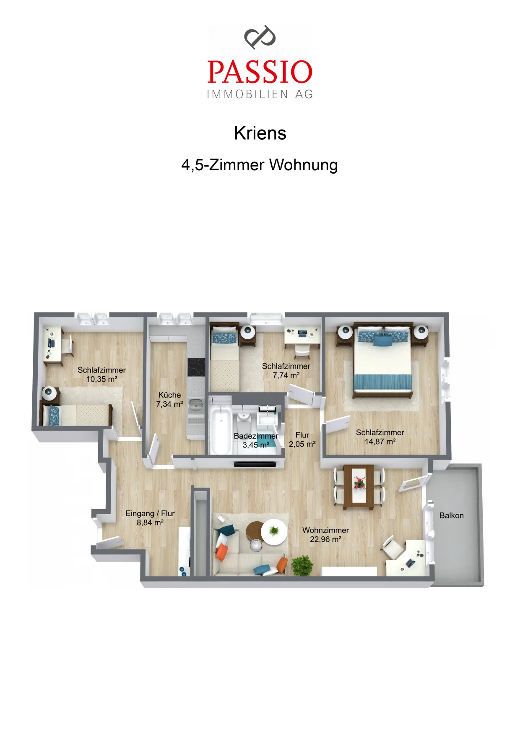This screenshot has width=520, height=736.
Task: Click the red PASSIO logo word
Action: (260, 72)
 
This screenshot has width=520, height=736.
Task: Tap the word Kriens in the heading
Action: (260, 133)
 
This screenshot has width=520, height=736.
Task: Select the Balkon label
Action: (452, 515)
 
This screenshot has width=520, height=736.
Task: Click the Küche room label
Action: (170, 395)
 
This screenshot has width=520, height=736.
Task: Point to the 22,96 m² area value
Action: (325, 539)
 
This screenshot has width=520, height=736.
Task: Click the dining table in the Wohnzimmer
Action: (359, 486)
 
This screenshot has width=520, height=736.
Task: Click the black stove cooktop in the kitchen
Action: (196, 367)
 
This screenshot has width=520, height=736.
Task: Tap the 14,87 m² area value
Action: (380, 442)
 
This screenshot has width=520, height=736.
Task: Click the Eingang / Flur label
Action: (150, 513)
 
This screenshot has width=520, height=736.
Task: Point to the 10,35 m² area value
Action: (102, 379)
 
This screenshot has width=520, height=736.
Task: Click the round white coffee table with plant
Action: (274, 532)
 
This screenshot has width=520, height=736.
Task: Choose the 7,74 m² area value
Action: (286, 375)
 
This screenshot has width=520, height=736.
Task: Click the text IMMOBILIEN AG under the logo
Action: (260, 94)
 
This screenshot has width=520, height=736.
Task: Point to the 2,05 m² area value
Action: (302, 444)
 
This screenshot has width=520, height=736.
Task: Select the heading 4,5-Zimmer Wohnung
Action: (260, 165)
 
